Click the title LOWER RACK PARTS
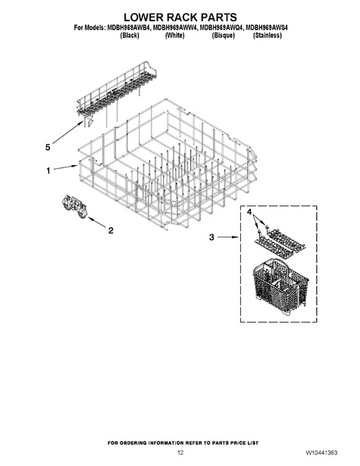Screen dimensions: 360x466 point(180,17)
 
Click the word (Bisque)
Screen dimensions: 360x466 point(224,36)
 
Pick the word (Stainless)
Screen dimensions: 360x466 point(268,36)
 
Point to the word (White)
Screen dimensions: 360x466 point(174,36)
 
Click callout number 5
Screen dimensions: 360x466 point(48,147)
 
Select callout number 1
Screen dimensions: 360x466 point(49,170)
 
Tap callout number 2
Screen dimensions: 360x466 point(111,230)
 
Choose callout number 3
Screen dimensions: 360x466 point(211,237)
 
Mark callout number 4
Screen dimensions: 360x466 point(249,212)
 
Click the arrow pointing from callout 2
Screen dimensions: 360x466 point(97,223)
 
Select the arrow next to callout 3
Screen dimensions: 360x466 point(227,237)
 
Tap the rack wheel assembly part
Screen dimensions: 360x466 point(74,208)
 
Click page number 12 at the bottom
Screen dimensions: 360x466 point(180,453)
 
